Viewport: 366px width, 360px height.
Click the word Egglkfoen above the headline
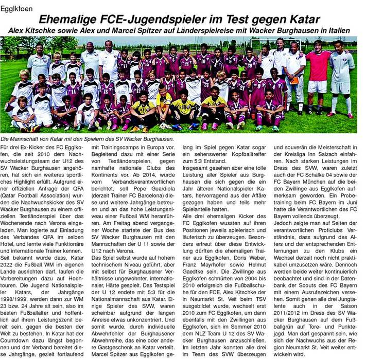(19, 7)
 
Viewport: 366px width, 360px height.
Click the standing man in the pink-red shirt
(319, 77)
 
